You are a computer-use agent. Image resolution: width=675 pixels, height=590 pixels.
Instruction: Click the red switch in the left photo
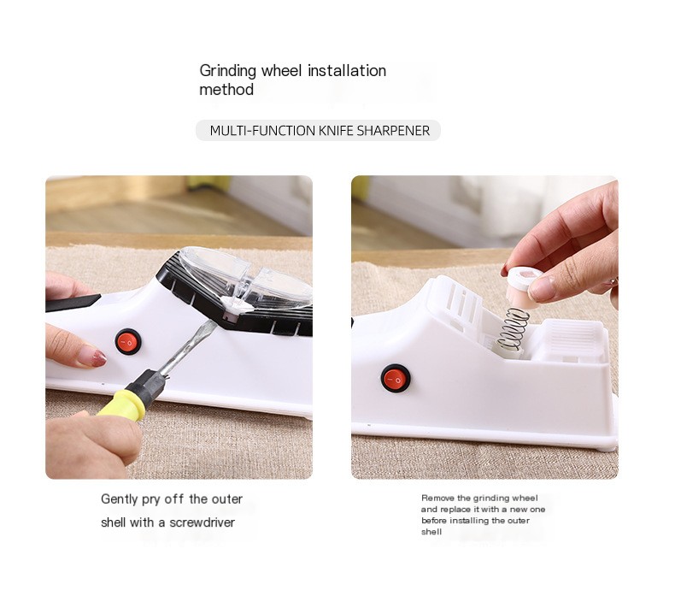(128, 342)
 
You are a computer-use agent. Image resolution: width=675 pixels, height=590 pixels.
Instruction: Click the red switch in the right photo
(396, 378)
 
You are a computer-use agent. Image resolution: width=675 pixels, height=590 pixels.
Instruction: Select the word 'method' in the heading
(226, 90)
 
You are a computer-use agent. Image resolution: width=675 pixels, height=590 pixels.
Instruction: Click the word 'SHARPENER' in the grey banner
(393, 131)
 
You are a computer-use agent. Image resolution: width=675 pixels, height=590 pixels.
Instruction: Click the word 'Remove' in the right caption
(437, 498)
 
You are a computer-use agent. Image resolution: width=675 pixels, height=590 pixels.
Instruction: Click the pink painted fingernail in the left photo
(92, 358)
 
